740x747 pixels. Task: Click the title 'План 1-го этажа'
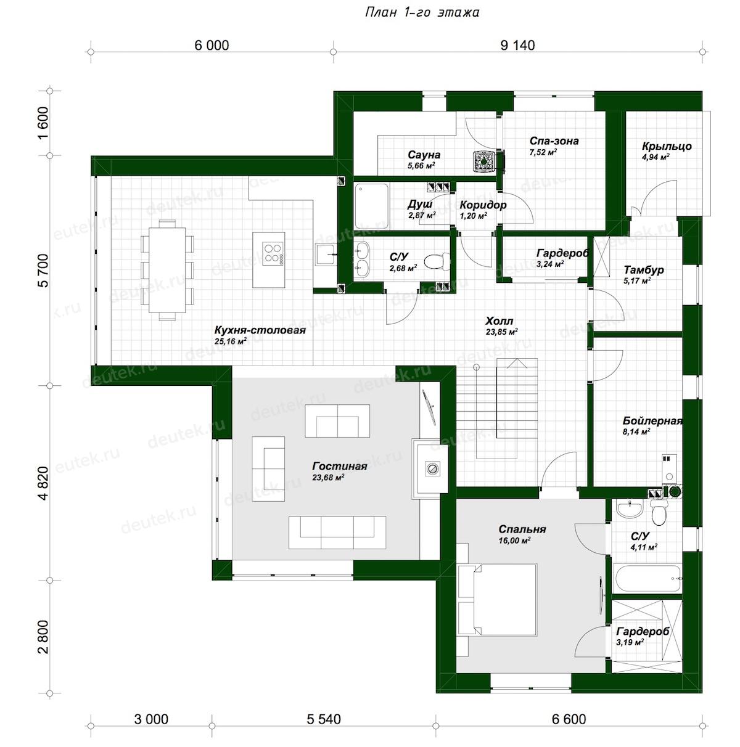coord(422,12)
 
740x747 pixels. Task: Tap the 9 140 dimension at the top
coord(517,46)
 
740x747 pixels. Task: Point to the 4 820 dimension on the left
coord(43,483)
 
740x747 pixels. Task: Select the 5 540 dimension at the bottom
coord(324,719)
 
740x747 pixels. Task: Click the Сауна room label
coord(424,155)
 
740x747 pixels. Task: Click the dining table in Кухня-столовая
coord(167,269)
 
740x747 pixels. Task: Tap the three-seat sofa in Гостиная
coord(337,533)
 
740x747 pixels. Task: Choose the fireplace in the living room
coord(430,468)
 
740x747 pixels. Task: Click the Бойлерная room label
coord(652,420)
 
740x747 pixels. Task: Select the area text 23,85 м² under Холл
coord(502,332)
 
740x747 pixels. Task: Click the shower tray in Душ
coord(371,206)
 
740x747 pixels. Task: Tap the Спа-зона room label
coord(554,141)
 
